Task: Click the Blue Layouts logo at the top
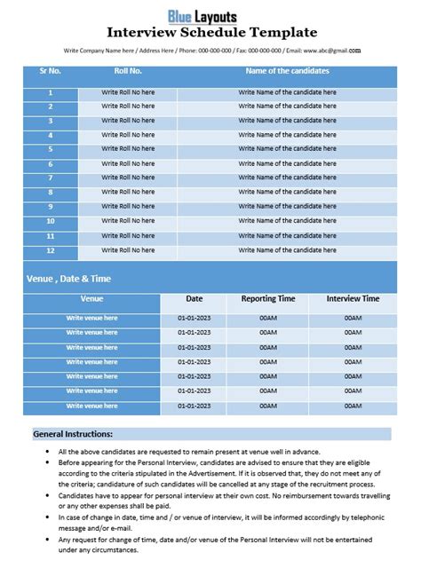pyautogui.click(x=210, y=15)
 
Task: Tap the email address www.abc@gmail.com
pyautogui.click(x=332, y=51)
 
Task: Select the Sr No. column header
pyautogui.click(x=51, y=69)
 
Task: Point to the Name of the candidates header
pyautogui.click(x=286, y=69)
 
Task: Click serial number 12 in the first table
pyautogui.click(x=51, y=250)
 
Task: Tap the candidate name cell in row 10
pyautogui.click(x=286, y=222)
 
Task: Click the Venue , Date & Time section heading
pyautogui.click(x=69, y=279)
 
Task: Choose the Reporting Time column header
pyautogui.click(x=269, y=299)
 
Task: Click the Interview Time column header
pyautogui.click(x=353, y=299)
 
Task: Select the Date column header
pyautogui.click(x=195, y=299)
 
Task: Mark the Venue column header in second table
pyautogui.click(x=91, y=299)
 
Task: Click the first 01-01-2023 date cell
pyautogui.click(x=195, y=318)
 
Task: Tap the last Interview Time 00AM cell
pyautogui.click(x=353, y=406)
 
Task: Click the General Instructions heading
pyautogui.click(x=73, y=435)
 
